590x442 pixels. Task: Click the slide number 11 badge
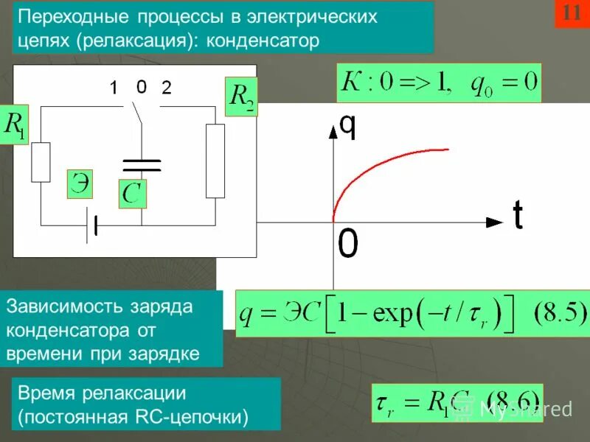pyautogui.click(x=571, y=13)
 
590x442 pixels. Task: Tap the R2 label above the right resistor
pyautogui.click(x=241, y=98)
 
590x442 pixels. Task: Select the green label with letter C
pyautogui.click(x=133, y=194)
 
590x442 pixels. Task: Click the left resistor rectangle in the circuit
pyautogui.click(x=41, y=161)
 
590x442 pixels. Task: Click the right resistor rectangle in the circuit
pyautogui.click(x=215, y=161)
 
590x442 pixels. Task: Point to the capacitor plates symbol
pyautogui.click(x=140, y=164)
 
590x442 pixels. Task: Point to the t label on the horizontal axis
pyautogui.click(x=518, y=215)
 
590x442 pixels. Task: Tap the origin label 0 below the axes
pyautogui.click(x=348, y=244)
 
